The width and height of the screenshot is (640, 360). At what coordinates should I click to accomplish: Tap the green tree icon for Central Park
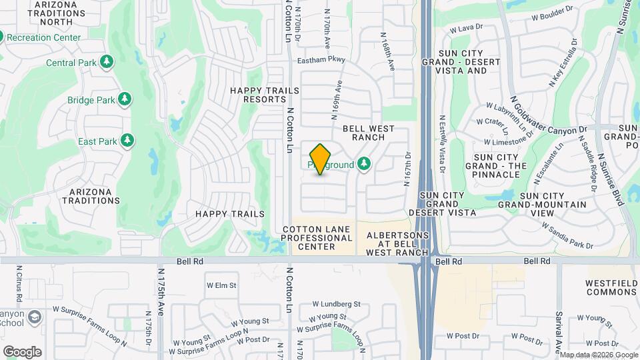click(x=107, y=63)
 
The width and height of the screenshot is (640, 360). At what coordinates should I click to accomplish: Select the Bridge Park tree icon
click(x=124, y=100)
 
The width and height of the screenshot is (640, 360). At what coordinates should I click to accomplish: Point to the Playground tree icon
click(x=363, y=163)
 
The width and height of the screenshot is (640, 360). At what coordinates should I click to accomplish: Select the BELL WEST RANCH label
click(x=369, y=133)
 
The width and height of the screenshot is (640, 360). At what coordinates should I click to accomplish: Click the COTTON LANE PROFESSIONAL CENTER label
click(x=317, y=238)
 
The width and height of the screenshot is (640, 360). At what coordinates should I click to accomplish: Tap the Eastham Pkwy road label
click(x=321, y=59)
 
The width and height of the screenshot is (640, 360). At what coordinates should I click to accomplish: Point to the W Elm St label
click(x=221, y=285)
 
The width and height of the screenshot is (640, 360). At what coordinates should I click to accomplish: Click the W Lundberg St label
click(x=336, y=304)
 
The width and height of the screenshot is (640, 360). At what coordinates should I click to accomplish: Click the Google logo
click(x=22, y=351)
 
